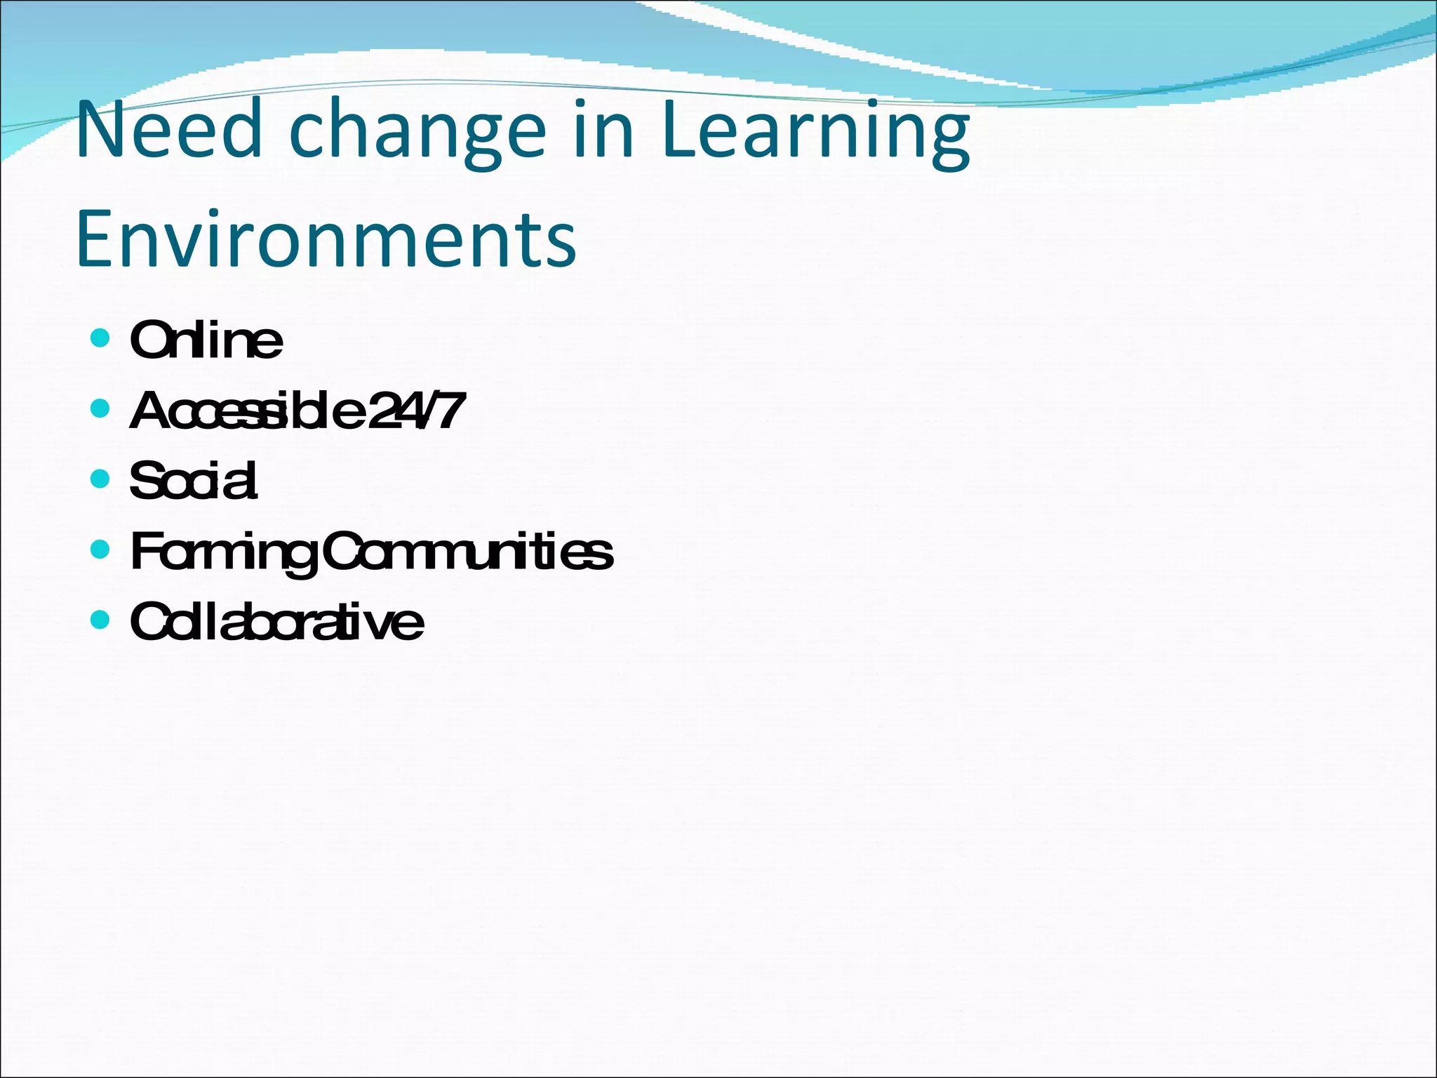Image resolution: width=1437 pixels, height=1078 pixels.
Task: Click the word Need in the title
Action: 168,131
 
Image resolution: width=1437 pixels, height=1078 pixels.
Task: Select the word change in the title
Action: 417,133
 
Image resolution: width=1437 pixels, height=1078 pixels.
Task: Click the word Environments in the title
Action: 326,239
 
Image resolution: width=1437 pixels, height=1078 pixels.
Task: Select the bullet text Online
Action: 206,340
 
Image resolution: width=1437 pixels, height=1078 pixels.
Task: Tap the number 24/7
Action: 417,411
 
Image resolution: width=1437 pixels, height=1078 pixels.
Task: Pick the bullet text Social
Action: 194,481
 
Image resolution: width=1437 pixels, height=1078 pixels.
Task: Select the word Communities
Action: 467,552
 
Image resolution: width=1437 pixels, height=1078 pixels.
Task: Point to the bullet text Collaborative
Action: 276,622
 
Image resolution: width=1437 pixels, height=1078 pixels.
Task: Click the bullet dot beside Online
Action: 100,338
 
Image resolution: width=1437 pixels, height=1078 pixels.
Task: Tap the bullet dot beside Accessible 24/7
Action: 100,408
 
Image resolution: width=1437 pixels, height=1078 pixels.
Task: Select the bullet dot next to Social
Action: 100,479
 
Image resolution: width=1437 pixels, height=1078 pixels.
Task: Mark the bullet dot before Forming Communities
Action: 100,549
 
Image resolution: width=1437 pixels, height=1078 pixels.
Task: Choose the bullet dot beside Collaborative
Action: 100,619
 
